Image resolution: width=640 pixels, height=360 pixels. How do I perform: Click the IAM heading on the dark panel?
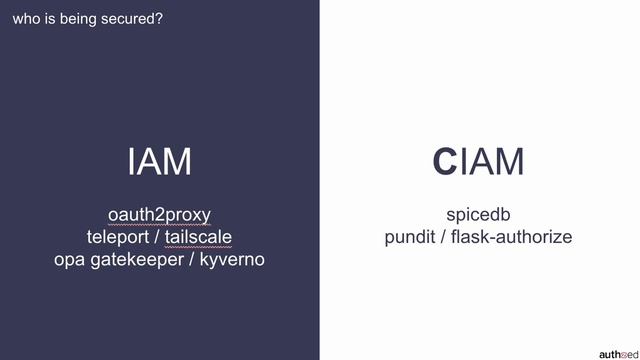click(x=160, y=161)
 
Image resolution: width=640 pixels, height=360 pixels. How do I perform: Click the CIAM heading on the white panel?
click(x=478, y=161)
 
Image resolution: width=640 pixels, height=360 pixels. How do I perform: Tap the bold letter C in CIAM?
click(x=444, y=161)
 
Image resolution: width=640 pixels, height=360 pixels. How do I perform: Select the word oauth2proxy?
click(x=160, y=215)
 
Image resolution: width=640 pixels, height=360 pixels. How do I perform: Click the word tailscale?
click(x=199, y=237)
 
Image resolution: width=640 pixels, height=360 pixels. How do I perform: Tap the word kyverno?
click(x=232, y=259)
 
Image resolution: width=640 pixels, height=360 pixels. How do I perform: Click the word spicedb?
click(x=478, y=215)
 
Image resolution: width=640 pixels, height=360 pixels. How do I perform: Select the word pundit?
click(x=411, y=237)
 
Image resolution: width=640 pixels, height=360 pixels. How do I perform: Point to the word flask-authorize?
click(x=511, y=237)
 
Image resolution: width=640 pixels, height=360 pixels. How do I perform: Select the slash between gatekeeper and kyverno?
click(x=191, y=259)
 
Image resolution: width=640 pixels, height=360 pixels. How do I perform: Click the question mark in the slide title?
click(x=160, y=17)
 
